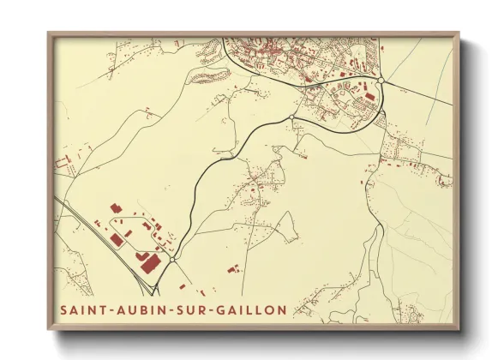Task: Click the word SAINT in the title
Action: (81, 308)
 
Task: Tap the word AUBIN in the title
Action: (134, 308)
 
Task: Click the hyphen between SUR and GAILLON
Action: (209, 308)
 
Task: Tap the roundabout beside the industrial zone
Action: (173, 260)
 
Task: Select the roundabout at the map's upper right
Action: (379, 82)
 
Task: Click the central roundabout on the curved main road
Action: (292, 117)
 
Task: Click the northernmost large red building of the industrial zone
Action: (114, 207)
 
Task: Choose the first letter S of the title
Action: (64, 308)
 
